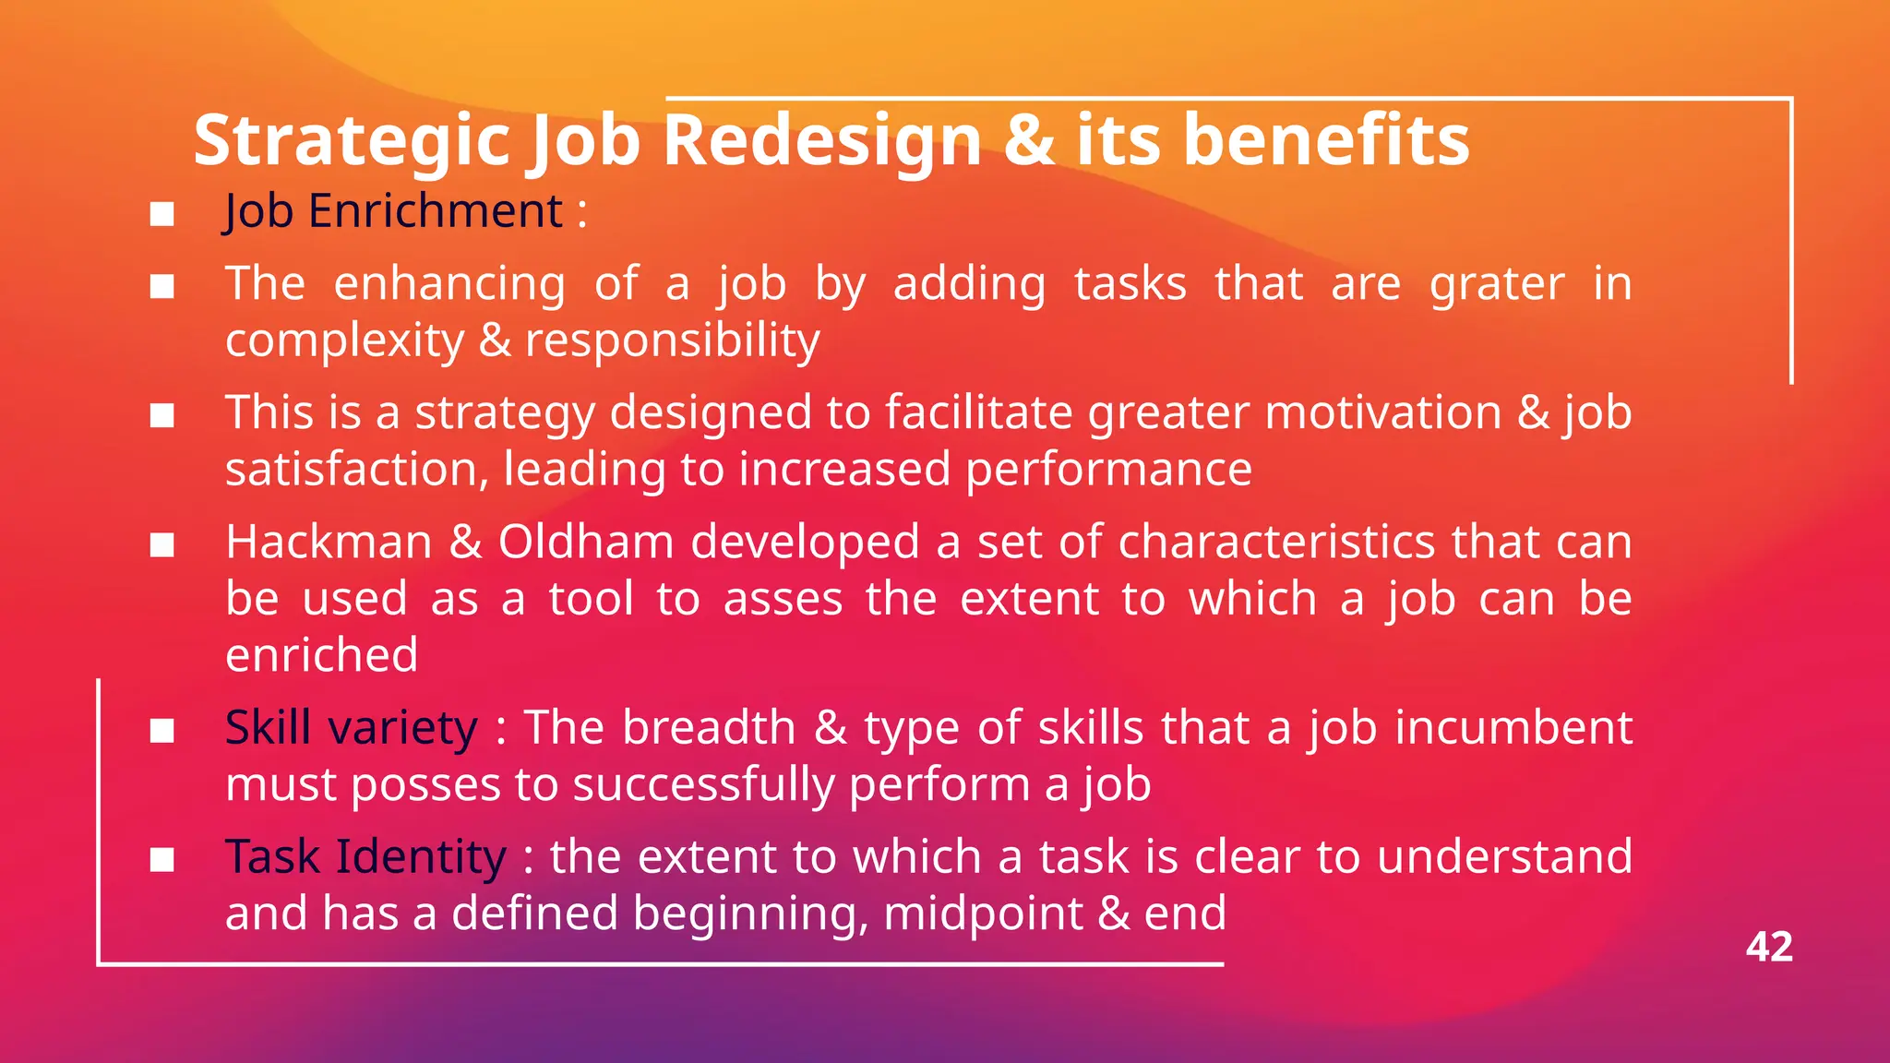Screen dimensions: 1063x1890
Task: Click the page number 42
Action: click(1768, 948)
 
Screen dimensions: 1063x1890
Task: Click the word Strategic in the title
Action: click(352, 141)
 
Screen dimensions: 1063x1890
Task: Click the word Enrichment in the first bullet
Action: click(435, 211)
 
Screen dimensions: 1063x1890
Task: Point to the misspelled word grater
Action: click(1496, 284)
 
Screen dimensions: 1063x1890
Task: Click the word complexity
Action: click(344, 341)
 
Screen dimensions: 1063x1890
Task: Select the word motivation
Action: click(1382, 412)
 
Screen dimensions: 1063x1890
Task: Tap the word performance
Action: click(1108, 470)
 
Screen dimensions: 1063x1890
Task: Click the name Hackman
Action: click(329, 543)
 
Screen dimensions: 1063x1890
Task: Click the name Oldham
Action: click(586, 543)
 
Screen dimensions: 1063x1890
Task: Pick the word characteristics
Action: click(1276, 543)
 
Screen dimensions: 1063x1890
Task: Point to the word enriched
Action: click(321, 655)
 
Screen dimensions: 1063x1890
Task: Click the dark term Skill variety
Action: click(352, 728)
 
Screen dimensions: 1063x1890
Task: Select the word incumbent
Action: click(1513, 728)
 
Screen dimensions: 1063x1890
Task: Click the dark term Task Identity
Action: click(365, 857)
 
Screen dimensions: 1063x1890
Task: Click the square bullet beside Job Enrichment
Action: click(162, 214)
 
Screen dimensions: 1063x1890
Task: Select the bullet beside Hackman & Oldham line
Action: click(162, 545)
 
